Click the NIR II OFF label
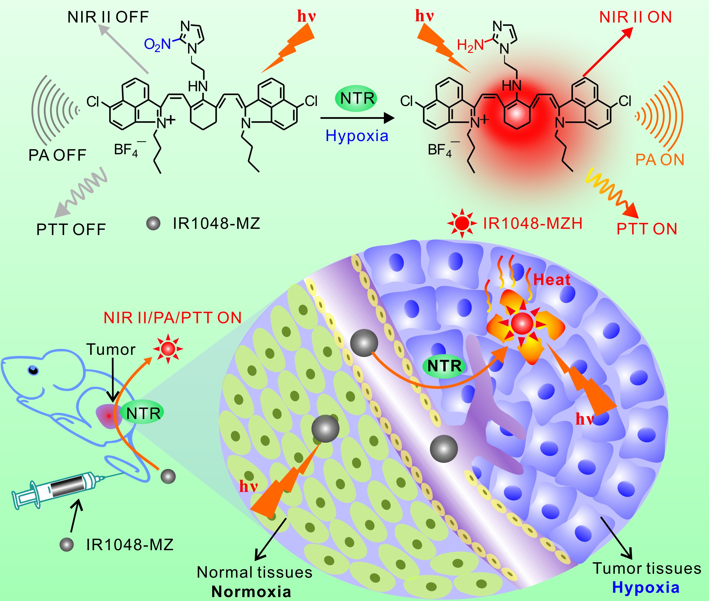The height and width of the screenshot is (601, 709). tap(108, 17)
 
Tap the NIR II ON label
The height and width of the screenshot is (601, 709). tap(635, 17)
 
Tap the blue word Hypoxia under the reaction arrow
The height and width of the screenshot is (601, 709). tap(357, 136)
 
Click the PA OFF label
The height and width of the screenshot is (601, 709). tap(57, 155)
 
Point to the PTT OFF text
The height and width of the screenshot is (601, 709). tap(71, 229)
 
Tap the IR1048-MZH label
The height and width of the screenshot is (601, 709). tap(533, 223)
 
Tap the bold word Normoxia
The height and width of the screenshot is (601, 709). tap(251, 592)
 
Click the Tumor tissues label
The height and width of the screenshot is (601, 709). tap(647, 568)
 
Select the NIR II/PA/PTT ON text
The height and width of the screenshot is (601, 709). tap(172, 317)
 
